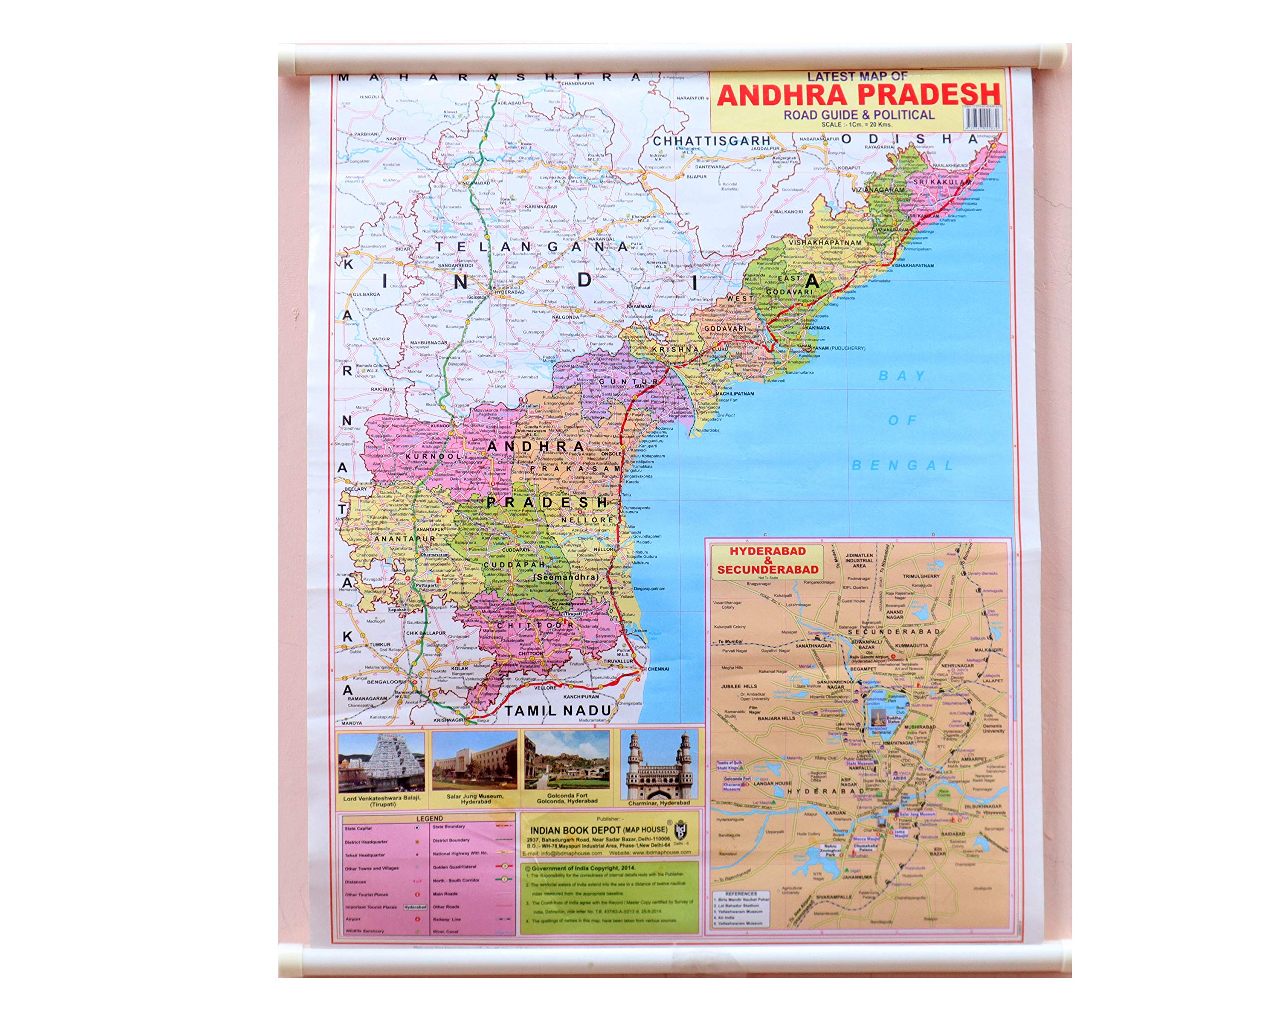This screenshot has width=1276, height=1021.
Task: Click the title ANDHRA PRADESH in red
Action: click(x=858, y=95)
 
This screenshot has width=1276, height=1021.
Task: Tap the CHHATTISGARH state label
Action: click(x=711, y=141)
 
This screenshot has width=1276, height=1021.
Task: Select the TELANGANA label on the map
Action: click(x=531, y=246)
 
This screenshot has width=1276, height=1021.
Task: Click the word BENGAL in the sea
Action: click(x=902, y=465)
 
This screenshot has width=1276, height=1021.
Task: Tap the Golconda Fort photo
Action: click(x=566, y=761)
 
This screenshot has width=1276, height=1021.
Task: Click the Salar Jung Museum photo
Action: click(x=475, y=761)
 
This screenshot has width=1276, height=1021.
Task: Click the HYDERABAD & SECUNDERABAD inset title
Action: click(x=768, y=560)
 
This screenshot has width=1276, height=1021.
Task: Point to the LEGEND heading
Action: click(x=429, y=819)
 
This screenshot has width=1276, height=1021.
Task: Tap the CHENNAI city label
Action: click(x=657, y=669)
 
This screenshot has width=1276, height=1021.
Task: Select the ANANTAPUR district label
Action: click(x=375, y=539)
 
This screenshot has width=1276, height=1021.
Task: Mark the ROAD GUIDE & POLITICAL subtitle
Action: click(x=858, y=115)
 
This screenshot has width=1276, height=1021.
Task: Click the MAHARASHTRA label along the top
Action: click(x=490, y=77)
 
